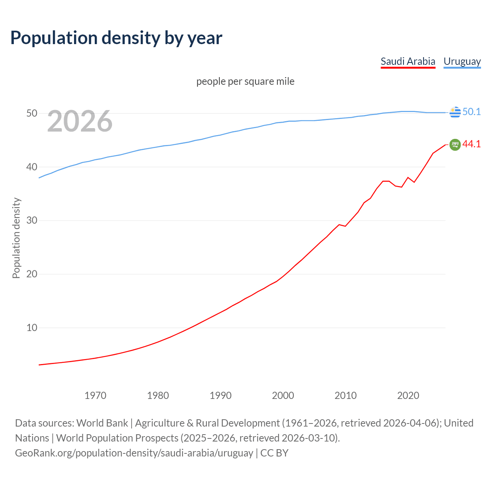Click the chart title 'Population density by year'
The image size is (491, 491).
click(x=116, y=38)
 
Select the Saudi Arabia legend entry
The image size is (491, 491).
click(x=408, y=61)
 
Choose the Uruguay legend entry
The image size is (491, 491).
click(x=462, y=61)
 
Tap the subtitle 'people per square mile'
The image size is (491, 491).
click(x=245, y=82)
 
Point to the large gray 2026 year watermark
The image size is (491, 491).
click(x=80, y=122)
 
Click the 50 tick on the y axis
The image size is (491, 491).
click(x=32, y=114)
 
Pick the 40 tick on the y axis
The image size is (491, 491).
click(x=32, y=167)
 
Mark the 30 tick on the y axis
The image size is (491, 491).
click(x=32, y=221)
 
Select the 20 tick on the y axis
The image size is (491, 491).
click(x=32, y=274)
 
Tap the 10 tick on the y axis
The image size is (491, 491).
click(x=32, y=328)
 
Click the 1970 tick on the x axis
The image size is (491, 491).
click(x=96, y=395)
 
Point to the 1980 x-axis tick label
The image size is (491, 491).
click(x=158, y=395)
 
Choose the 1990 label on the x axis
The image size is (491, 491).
click(x=221, y=395)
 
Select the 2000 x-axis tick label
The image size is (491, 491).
click(x=283, y=395)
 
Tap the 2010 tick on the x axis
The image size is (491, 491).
click(x=346, y=395)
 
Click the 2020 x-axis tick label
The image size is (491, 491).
click(x=408, y=395)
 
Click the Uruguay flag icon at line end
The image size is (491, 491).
click(x=455, y=112)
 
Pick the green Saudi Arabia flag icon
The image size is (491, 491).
click(x=455, y=145)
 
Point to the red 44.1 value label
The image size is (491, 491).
click(x=471, y=144)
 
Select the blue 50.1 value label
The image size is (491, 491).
click(x=471, y=112)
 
